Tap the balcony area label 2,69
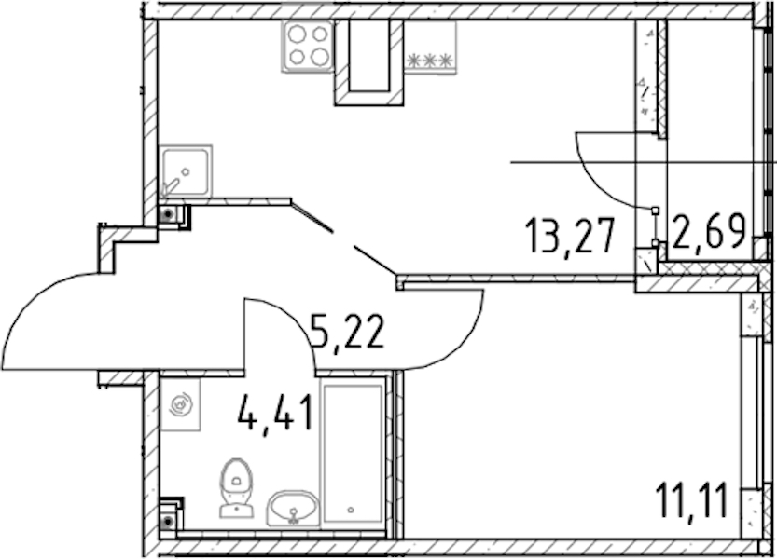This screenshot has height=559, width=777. [x=709, y=231]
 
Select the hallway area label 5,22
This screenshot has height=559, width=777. [x=346, y=333]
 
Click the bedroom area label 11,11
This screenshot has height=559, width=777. [x=692, y=500]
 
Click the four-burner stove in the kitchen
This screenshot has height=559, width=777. [x=307, y=46]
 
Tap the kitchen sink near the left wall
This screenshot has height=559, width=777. [x=186, y=171]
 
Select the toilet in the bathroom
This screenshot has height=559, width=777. [x=236, y=487]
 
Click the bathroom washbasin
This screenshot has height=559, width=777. [x=293, y=509]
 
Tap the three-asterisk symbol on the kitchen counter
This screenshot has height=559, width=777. [x=430, y=61]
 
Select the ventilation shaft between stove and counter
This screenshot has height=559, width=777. [x=368, y=62]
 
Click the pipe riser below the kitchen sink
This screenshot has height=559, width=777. [x=169, y=215]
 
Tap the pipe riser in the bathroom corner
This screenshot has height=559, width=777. [x=169, y=521]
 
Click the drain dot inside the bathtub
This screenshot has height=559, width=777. [x=351, y=510]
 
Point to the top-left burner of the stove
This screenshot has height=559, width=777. [x=297, y=34]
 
